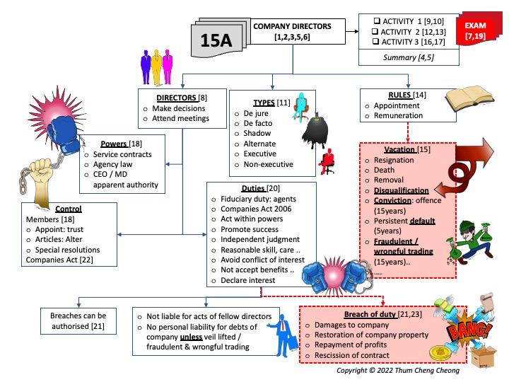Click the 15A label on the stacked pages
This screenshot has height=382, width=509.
click(216, 40)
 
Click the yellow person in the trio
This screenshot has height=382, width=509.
click(156, 66)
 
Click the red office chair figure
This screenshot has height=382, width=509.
click(324, 163)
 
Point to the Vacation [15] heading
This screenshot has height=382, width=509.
click(405, 150)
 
